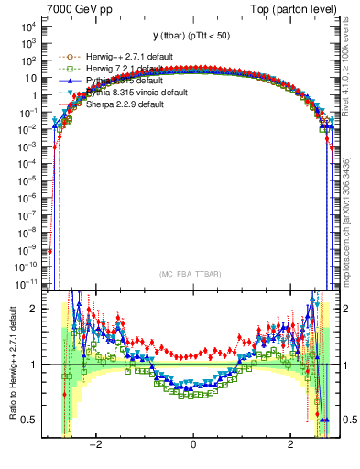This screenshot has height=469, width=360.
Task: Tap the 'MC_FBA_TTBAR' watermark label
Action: [x=192, y=274]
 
